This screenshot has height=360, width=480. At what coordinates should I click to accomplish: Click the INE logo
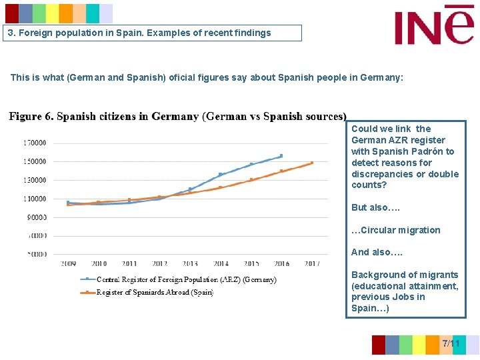(x=434, y=26)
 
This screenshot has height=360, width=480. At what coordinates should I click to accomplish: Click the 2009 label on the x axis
(x=68, y=264)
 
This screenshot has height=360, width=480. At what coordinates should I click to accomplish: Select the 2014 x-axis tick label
(x=220, y=264)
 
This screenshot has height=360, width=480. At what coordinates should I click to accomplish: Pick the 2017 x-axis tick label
(x=311, y=264)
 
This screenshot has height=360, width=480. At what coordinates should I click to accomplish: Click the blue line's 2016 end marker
(x=281, y=156)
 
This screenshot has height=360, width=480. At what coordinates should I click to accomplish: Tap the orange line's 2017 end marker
(x=311, y=163)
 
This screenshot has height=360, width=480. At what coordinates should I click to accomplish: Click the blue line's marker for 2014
(x=221, y=175)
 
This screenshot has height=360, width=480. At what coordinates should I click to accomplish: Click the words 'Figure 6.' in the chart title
(x=31, y=117)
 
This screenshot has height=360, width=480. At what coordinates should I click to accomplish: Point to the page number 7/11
(x=451, y=343)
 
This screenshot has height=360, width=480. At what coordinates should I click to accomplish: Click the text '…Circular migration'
(x=396, y=230)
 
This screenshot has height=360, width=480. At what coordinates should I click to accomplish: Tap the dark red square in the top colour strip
(x=12, y=13)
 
